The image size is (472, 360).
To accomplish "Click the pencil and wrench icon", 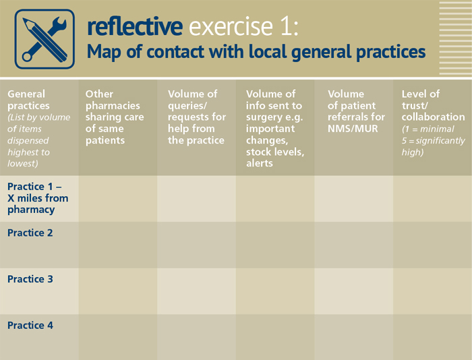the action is coord(45,39).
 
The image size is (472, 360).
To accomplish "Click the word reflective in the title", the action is coord(135,27).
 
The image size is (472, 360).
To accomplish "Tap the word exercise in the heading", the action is coord(231,27).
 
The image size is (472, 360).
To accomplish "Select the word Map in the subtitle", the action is coord(104,52).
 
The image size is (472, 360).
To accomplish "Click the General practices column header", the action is coord(39,129).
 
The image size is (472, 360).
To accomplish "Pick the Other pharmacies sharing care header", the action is coord(115,117).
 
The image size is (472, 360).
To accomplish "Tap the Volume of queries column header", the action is coord(197,117).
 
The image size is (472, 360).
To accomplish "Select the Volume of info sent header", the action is coord(275,129).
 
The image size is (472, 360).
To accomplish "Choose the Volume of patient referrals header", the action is coord(356,111).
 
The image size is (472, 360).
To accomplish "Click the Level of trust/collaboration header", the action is coord(433,123).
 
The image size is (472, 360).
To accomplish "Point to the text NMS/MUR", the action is coord(353,129).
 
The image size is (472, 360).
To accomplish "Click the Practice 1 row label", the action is coord(38,198).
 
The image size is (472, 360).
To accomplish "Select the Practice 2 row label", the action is coord(30,233).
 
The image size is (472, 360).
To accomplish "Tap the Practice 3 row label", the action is coord(30,279).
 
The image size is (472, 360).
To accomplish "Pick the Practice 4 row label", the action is coord(30,326).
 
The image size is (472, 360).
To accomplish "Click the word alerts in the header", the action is coord(260,163).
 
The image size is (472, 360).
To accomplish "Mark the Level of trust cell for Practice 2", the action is coord(433,245).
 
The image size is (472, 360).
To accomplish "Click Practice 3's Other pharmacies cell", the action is coord(118,291).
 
